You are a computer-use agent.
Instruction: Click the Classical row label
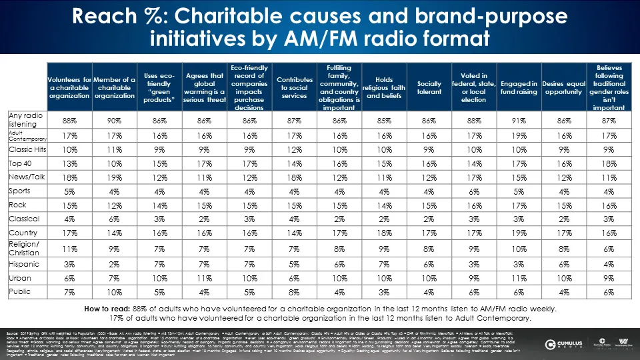(x=25, y=219)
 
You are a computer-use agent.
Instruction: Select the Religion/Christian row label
(x=25, y=249)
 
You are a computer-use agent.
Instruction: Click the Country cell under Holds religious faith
(x=385, y=233)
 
